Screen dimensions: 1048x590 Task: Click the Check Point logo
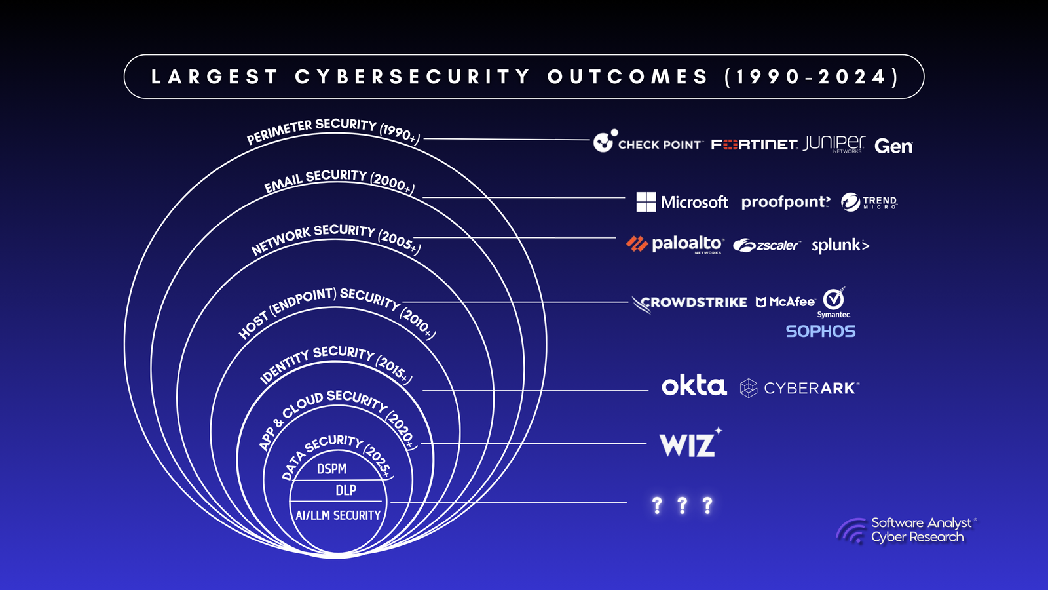pos(648,142)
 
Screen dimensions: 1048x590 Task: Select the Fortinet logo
pos(754,145)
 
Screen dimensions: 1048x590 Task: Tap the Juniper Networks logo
pos(834,144)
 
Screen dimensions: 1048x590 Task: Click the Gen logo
pos(893,146)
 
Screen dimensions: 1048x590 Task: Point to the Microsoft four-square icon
pos(646,202)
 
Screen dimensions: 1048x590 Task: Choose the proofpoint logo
pos(785,203)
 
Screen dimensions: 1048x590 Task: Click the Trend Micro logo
pos(869,203)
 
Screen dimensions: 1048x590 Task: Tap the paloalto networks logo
pos(675,245)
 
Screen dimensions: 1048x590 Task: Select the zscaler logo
pos(767,245)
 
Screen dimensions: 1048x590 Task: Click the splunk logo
pos(840,246)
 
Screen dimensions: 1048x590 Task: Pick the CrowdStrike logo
pos(689,303)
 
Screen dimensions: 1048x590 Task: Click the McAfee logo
pos(785,302)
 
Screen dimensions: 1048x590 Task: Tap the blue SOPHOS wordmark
pos(821,332)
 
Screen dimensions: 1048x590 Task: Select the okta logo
pos(694,386)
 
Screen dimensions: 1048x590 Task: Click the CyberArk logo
pos(800,388)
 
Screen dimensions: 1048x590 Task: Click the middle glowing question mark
pos(682,505)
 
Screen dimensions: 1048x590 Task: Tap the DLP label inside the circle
pos(346,490)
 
